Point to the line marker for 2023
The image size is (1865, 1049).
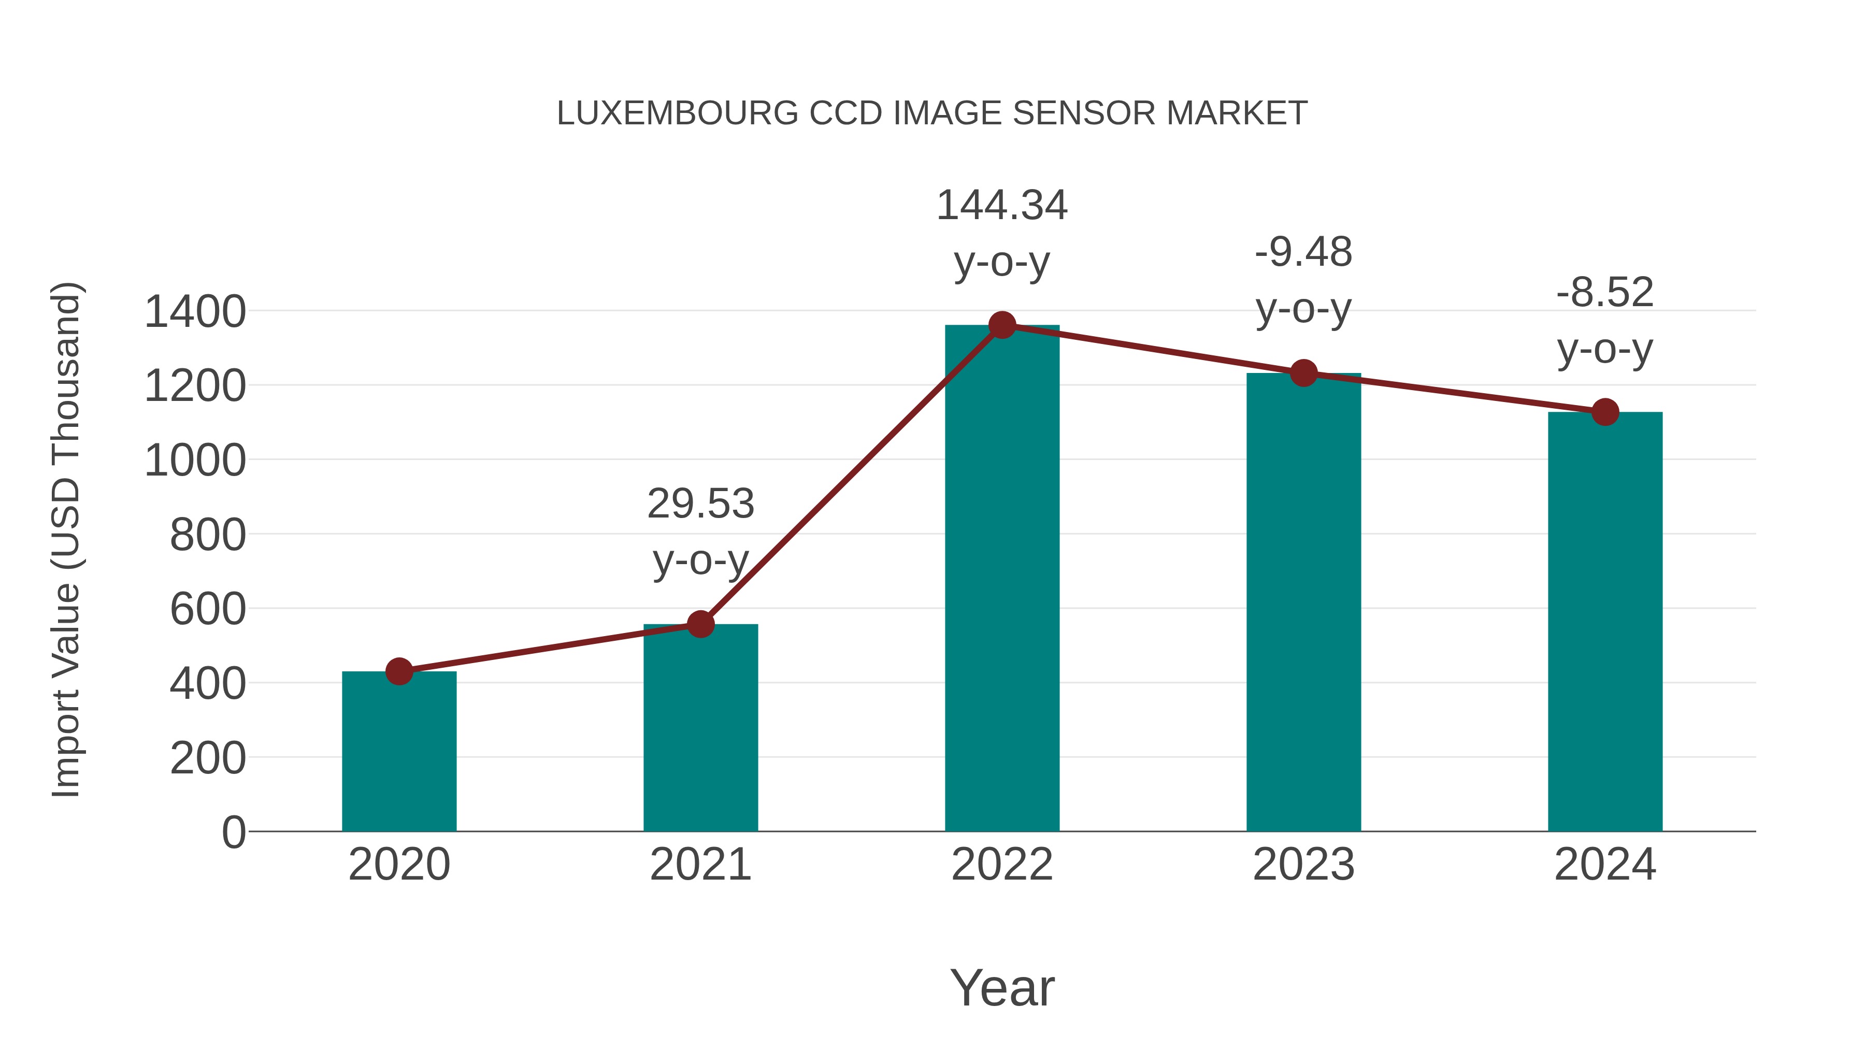pos(1303,373)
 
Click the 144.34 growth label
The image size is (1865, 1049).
pos(1001,206)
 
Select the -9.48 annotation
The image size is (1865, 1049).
pos(1303,253)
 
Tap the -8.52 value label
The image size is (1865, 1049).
pos(1604,293)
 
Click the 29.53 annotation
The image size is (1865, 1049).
pos(700,504)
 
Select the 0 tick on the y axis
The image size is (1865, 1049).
pos(233,832)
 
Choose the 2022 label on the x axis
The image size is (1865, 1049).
pos(1002,865)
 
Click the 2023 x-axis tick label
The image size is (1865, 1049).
pos(1303,865)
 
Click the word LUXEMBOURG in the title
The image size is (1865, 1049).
pos(677,113)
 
